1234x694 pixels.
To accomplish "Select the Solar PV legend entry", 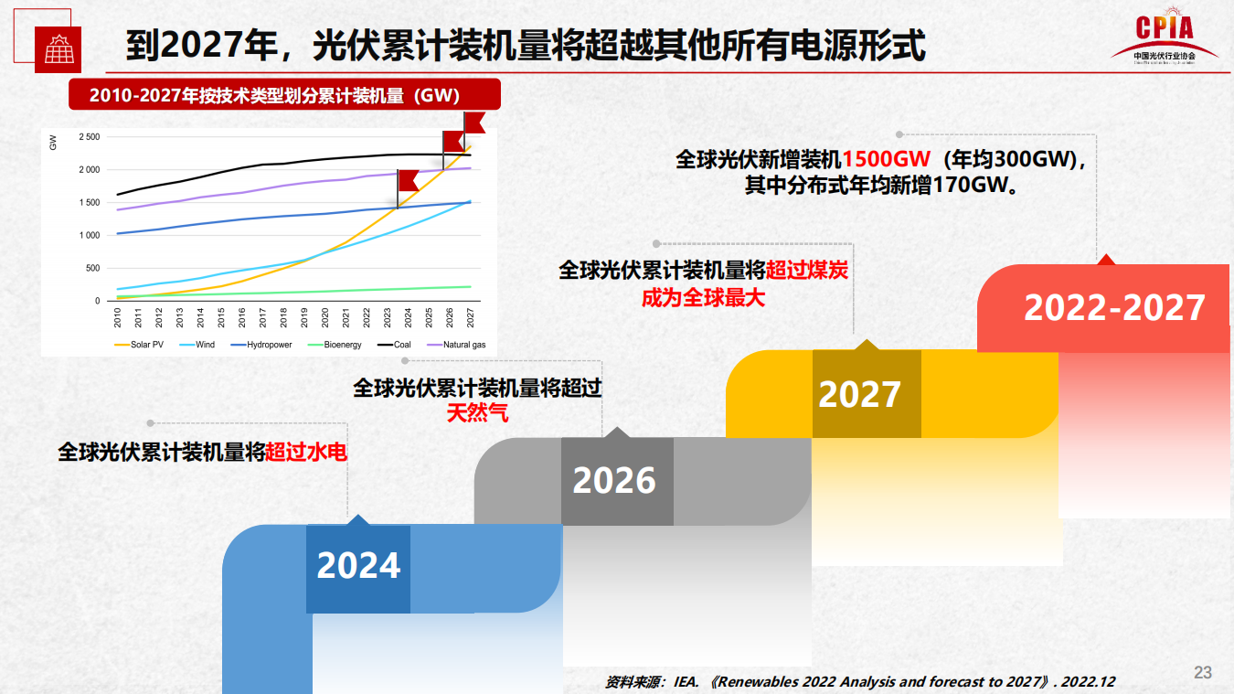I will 144,345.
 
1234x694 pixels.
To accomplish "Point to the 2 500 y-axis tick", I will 89,137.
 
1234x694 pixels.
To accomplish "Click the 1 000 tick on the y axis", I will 89,235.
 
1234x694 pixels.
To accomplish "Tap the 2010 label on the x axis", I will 118,317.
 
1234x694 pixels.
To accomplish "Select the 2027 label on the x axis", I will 471,317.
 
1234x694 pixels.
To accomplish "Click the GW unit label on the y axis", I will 53,142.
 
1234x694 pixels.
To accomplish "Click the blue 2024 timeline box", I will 358,567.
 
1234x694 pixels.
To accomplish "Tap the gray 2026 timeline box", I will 615,481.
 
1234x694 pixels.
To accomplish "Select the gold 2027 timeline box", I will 859,394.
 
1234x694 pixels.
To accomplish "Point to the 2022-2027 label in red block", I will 1114,308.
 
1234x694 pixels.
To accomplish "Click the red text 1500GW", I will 886,159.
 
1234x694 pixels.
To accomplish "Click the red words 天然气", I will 477,412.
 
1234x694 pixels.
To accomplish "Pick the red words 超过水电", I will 306,452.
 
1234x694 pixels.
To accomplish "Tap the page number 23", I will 1203,673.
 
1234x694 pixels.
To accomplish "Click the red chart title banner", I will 283,94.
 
